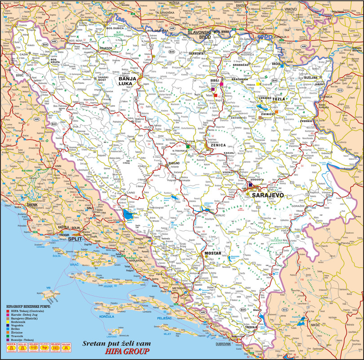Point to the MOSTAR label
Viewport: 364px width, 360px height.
(213, 253)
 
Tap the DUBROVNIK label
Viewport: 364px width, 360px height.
(223, 343)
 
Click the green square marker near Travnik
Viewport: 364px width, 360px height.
(187, 146)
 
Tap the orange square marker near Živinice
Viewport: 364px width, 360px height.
(277, 111)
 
